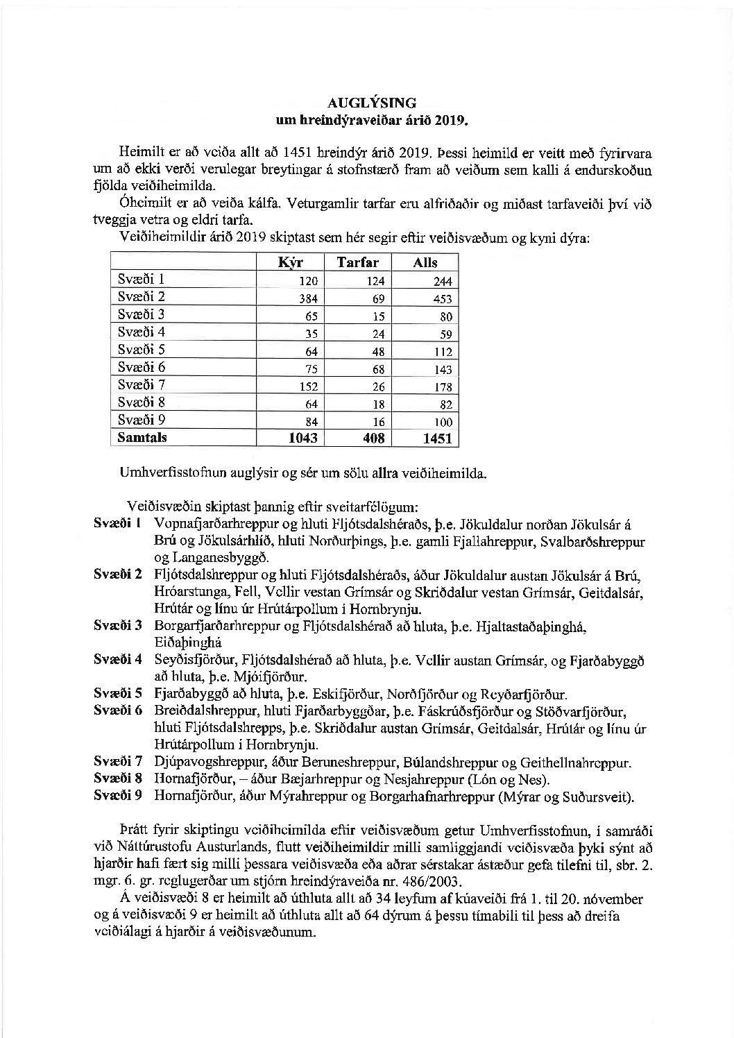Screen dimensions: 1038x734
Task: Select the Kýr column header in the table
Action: pyautogui.click(x=291, y=262)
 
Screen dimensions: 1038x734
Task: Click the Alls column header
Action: pyautogui.click(x=425, y=262)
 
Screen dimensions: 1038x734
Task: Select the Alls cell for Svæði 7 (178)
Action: pyautogui.click(x=442, y=386)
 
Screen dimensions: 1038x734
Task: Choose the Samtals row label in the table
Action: pyautogui.click(x=142, y=438)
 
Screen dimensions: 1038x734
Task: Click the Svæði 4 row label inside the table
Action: pyautogui.click(x=141, y=332)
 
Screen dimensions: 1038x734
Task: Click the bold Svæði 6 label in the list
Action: pyautogui.click(x=118, y=711)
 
